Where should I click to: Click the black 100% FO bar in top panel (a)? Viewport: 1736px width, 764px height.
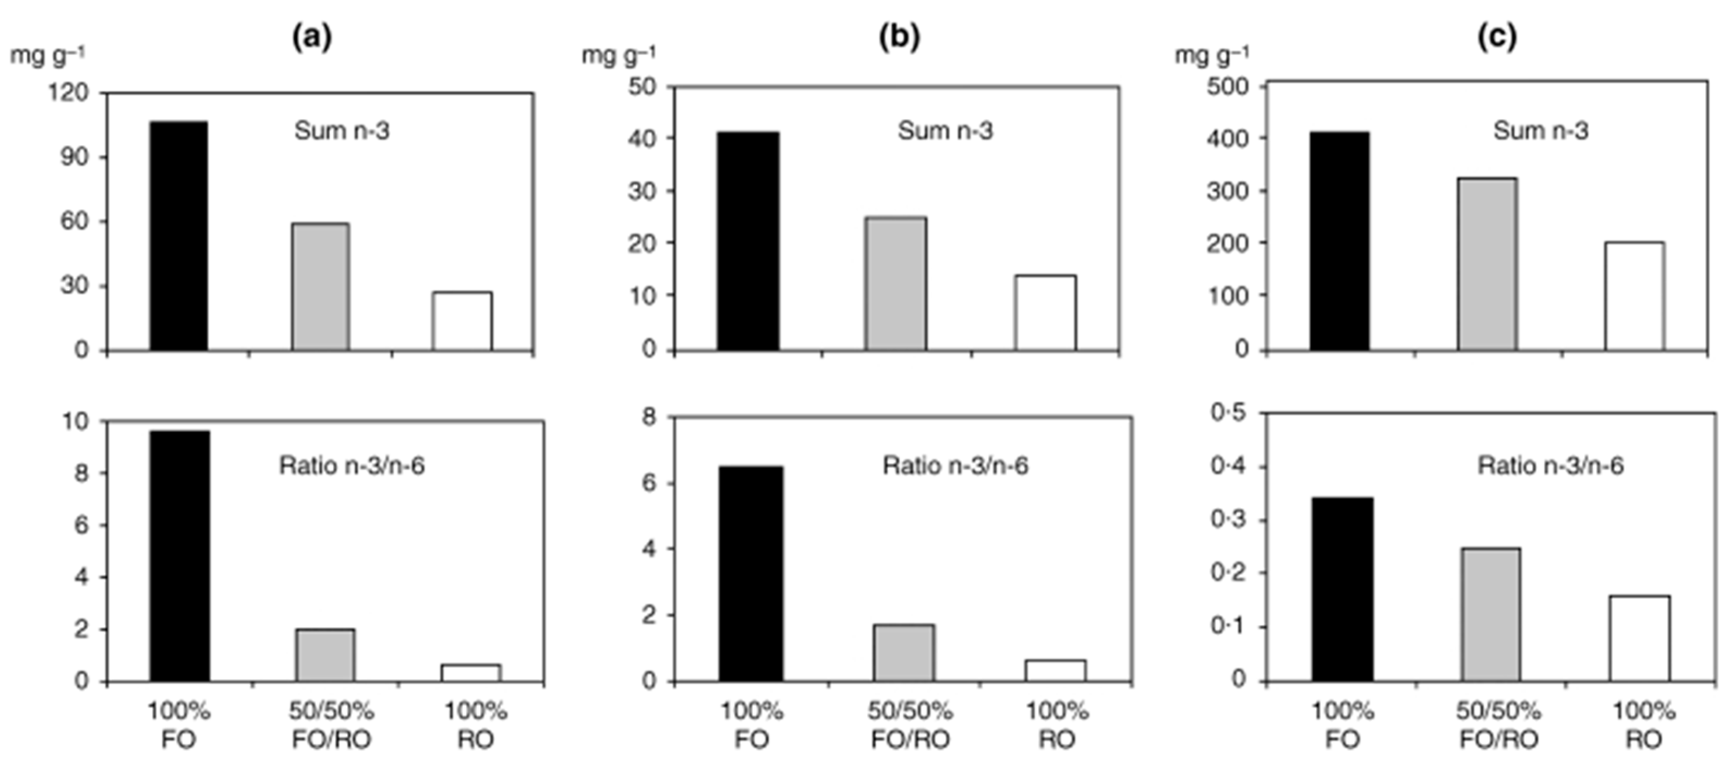click(179, 236)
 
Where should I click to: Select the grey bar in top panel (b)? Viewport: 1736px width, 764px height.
click(896, 283)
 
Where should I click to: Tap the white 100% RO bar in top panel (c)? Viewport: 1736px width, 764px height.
click(1634, 296)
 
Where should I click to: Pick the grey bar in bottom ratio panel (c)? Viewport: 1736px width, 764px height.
click(1491, 615)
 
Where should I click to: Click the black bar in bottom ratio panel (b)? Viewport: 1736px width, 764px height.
click(751, 573)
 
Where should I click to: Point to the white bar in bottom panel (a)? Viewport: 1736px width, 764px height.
click(471, 672)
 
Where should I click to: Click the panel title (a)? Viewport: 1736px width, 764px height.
click(311, 38)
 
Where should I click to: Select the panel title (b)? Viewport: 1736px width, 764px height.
click(899, 38)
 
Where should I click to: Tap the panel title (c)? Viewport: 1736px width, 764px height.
click(1497, 38)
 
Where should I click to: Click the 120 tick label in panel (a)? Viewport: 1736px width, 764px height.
click(68, 93)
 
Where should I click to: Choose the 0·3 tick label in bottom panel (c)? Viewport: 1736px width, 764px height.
click(1229, 520)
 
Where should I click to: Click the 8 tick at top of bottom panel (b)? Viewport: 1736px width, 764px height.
click(649, 418)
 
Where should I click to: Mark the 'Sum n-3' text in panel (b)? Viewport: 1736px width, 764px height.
click(945, 131)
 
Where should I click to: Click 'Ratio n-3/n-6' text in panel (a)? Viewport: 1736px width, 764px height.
click(352, 465)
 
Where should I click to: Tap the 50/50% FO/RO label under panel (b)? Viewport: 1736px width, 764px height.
click(910, 725)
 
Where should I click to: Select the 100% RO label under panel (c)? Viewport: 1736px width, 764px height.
click(1643, 725)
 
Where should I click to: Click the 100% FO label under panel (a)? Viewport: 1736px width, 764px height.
click(179, 725)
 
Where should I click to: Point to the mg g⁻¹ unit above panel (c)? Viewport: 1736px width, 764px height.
click(1212, 55)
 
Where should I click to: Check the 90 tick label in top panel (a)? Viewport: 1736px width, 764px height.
click(74, 157)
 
